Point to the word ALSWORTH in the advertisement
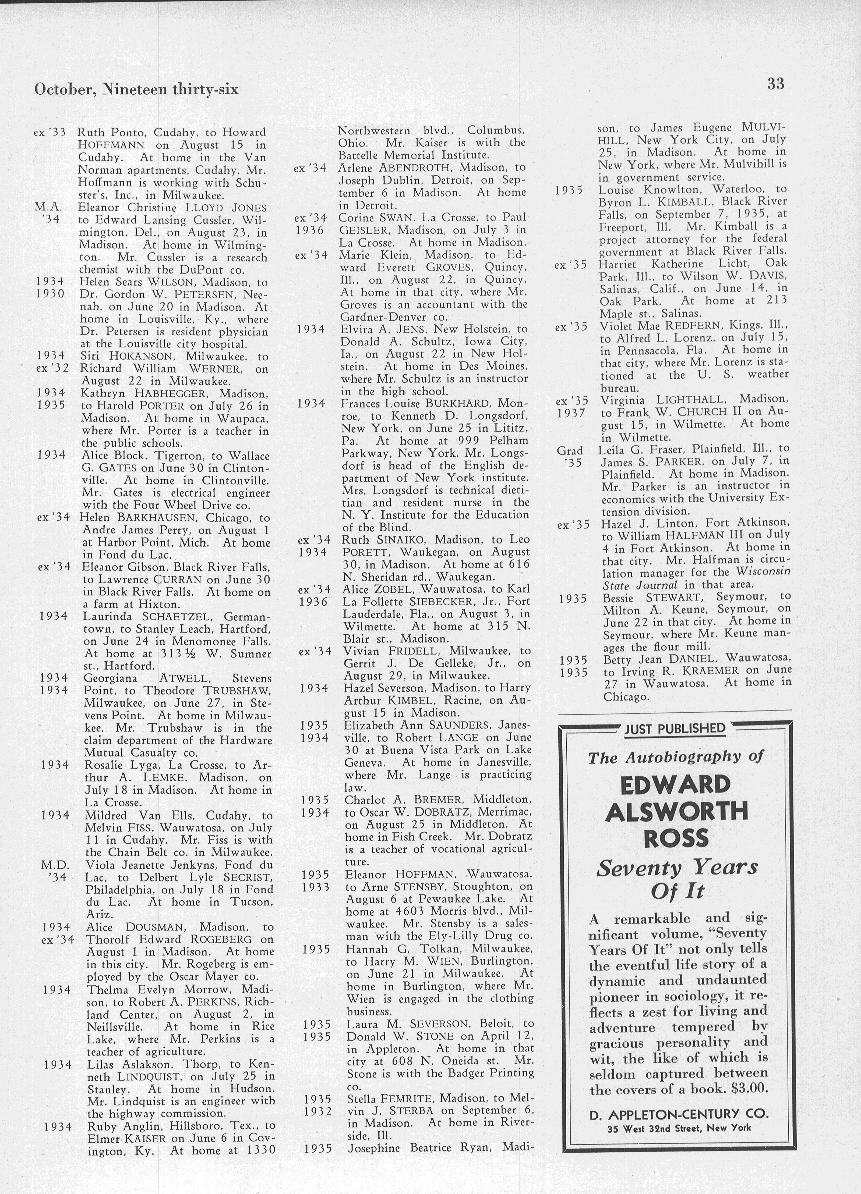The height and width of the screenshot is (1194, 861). pyautogui.click(x=676, y=811)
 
